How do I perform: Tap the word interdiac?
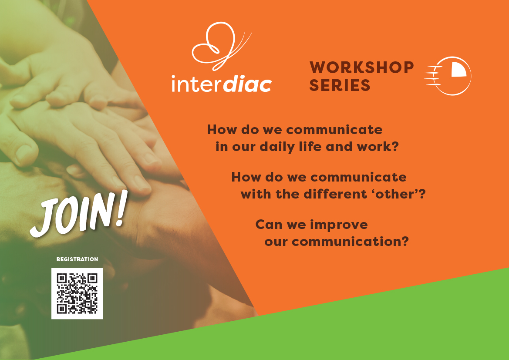[x=222, y=84]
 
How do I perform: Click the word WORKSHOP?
[x=362, y=67]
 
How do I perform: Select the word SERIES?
[x=340, y=85]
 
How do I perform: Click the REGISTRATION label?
[x=77, y=259]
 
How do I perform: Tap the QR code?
[x=77, y=293]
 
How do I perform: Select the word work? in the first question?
[x=378, y=146]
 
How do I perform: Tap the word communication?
[x=350, y=242]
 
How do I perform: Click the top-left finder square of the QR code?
[x=62, y=278]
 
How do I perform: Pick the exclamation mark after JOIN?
[x=121, y=208]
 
